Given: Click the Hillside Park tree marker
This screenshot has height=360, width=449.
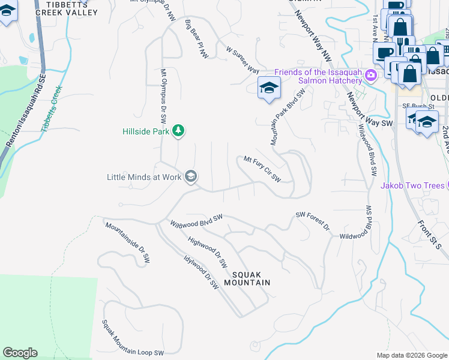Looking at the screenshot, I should (x=178, y=130).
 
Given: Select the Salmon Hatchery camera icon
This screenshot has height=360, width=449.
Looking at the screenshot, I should (x=371, y=75).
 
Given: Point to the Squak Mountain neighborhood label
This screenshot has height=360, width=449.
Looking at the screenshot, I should (x=247, y=277).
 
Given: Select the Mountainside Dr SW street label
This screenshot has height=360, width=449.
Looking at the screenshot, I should (x=128, y=244).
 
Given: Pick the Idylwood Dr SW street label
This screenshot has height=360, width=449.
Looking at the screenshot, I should (x=202, y=272).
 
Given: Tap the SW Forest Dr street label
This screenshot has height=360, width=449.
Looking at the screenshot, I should (x=313, y=220).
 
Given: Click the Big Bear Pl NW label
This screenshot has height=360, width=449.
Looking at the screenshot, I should (x=197, y=40).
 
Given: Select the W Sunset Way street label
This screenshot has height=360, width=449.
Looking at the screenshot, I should (x=243, y=59).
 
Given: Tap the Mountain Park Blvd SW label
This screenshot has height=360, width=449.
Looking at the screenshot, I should (x=285, y=118).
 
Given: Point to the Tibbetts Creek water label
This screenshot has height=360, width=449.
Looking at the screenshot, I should (x=52, y=108).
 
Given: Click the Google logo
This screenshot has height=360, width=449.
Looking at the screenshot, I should (x=20, y=353).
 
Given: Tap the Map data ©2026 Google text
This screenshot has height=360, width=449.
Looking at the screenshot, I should (x=411, y=355).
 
